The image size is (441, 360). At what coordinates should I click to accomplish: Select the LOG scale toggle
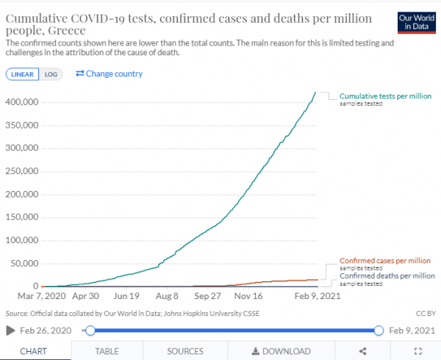[51, 74]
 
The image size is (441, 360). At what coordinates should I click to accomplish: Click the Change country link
[110, 73]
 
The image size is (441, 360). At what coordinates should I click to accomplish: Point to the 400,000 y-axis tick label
[21, 101]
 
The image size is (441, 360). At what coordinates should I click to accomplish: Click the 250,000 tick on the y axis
[21, 170]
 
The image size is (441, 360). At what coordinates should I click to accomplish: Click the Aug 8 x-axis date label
[167, 297]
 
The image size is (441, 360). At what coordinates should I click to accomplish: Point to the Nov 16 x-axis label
[248, 297]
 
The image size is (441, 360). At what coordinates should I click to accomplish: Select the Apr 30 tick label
[86, 297]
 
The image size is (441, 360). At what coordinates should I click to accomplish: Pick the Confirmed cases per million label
[385, 261]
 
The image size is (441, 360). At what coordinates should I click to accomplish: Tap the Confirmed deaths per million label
[385, 276]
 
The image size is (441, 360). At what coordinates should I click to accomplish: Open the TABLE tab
[107, 351]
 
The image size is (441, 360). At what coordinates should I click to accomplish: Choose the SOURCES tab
[185, 351]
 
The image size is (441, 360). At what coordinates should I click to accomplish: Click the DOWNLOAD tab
[281, 351]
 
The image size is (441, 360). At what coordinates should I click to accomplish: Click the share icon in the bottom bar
[362, 351]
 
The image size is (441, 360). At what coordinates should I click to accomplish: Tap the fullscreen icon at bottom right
[417, 351]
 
